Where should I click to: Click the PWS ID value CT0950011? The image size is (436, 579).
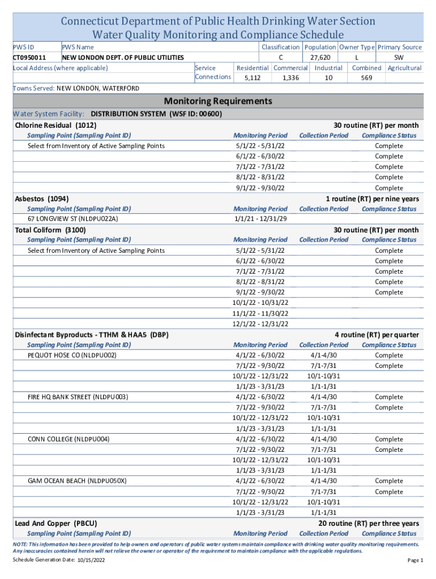(29, 58)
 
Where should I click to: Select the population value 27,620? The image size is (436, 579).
(320, 58)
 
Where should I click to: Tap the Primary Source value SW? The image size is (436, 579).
(399, 58)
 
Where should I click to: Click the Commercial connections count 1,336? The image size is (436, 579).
(290, 78)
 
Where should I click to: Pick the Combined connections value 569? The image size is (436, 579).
(366, 78)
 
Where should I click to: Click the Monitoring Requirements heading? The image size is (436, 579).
(218, 101)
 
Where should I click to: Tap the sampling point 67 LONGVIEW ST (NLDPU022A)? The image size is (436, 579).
(73, 219)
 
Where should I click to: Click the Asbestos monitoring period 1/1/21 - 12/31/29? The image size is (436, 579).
(260, 219)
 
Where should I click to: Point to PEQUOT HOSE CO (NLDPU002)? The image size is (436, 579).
(72, 355)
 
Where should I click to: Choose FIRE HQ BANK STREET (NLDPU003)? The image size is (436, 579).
(78, 397)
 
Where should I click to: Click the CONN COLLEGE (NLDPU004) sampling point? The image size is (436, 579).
(69, 439)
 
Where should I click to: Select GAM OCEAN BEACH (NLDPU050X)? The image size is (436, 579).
(77, 481)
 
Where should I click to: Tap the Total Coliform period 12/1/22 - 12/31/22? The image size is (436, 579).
(260, 324)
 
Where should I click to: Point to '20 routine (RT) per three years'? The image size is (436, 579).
(369, 524)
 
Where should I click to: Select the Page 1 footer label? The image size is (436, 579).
(415, 560)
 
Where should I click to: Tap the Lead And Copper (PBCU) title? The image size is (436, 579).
(56, 524)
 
